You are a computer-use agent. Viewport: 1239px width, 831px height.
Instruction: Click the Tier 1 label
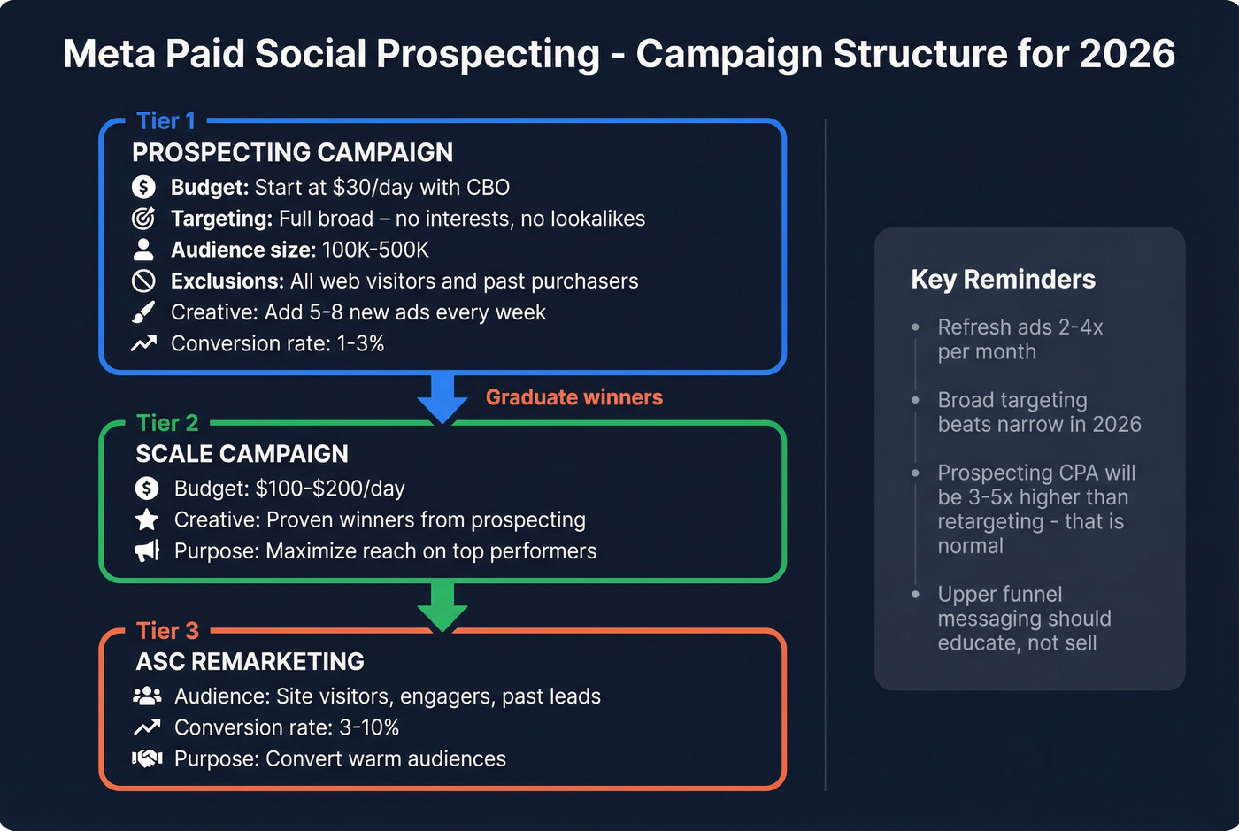click(x=165, y=121)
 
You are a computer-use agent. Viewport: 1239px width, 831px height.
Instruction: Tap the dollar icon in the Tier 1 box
click(x=143, y=188)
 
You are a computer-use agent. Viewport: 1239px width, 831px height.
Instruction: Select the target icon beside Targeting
click(x=143, y=219)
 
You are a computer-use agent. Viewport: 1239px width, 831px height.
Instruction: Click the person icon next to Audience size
click(x=143, y=250)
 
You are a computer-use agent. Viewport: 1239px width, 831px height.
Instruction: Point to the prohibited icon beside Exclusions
click(x=143, y=281)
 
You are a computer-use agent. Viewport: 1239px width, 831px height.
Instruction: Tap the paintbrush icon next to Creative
click(x=143, y=312)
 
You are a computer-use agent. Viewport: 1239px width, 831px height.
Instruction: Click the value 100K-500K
click(x=375, y=250)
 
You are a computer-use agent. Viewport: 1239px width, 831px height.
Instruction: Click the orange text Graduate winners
click(x=573, y=397)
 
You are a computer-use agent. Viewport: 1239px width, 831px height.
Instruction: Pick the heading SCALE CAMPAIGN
click(x=242, y=454)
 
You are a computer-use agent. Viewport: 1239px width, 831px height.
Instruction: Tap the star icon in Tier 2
click(x=147, y=520)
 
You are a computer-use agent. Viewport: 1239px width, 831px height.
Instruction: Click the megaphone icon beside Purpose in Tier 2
click(x=147, y=551)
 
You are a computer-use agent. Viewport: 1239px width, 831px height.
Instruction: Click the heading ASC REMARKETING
click(x=250, y=662)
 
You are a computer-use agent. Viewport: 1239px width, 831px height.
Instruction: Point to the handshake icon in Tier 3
click(x=147, y=758)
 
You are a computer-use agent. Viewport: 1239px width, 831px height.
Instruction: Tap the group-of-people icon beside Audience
click(x=147, y=696)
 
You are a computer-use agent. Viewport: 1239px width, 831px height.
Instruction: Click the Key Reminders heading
click(x=1003, y=280)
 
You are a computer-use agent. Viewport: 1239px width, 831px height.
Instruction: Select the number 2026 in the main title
click(x=1127, y=54)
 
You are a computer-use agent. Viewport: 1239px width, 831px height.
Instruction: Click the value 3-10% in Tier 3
click(x=369, y=728)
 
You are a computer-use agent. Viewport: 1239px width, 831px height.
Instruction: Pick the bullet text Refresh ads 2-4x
click(x=1020, y=327)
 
